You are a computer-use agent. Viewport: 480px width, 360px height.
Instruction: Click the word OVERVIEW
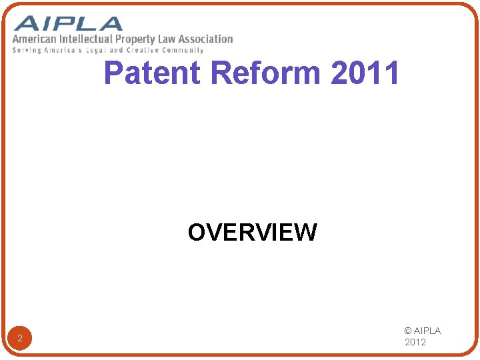click(252, 233)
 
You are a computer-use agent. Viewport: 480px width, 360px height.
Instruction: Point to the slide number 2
click(20, 339)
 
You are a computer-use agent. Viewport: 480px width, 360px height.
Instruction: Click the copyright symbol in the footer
click(408, 331)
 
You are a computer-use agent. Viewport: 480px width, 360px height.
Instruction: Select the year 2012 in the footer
click(416, 343)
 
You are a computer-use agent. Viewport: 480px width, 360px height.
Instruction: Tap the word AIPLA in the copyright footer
click(427, 331)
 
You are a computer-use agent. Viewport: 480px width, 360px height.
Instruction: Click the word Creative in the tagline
click(142, 50)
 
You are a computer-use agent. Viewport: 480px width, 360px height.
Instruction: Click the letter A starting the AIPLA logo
click(25, 23)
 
